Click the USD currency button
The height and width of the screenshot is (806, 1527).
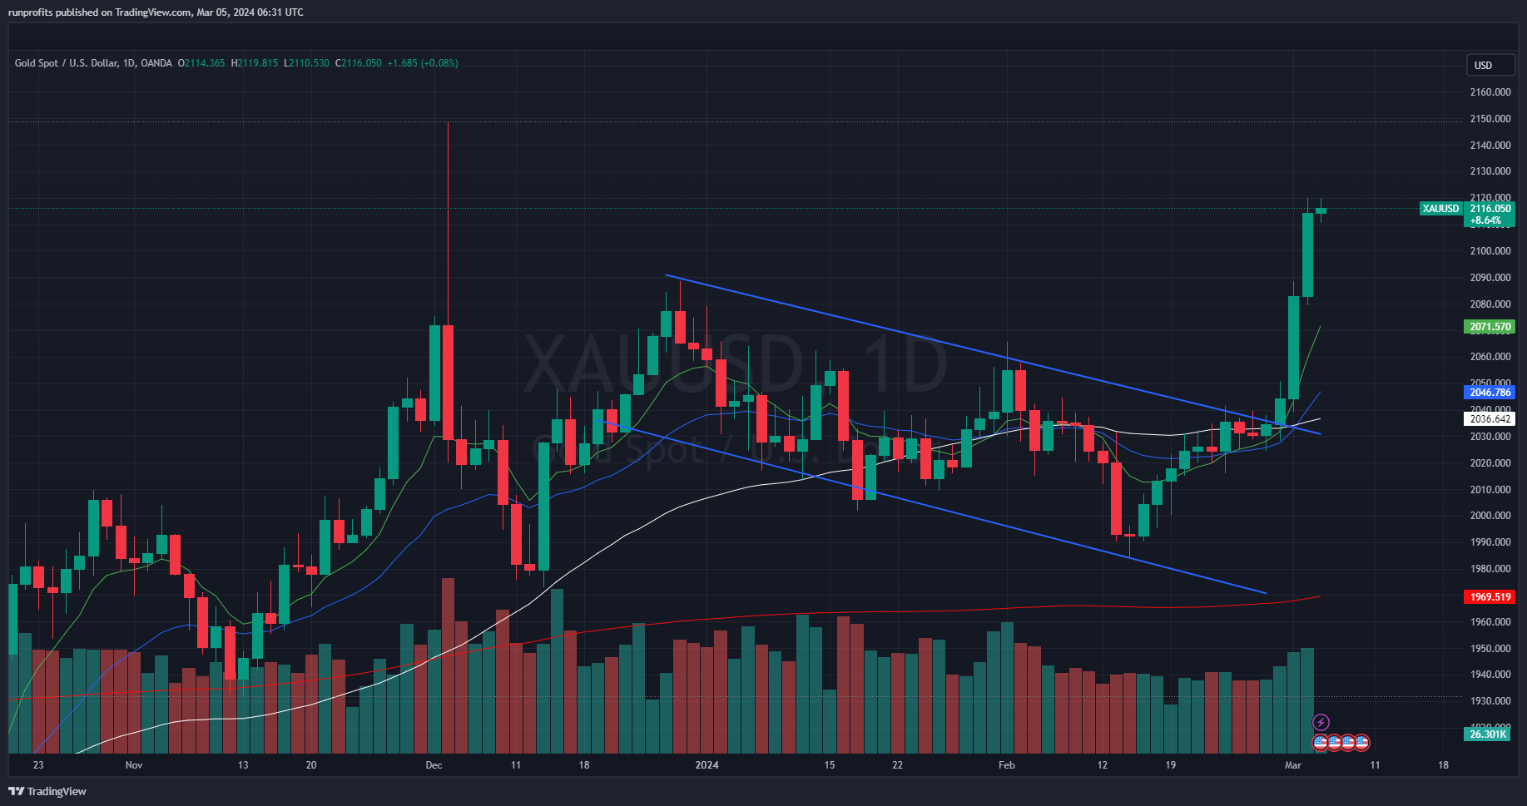coord(1483,65)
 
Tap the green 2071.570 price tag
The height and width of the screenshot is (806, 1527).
coord(1489,327)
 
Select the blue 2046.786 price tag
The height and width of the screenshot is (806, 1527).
coord(1489,392)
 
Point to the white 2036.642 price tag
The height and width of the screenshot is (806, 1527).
coord(1489,419)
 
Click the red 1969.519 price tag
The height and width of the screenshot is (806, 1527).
coord(1489,596)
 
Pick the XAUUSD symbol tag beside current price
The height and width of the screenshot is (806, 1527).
coord(1440,209)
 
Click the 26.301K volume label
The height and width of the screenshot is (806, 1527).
coord(1488,734)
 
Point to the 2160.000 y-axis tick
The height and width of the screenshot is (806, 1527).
coord(1490,92)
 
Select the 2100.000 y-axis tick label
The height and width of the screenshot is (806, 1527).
coord(1490,251)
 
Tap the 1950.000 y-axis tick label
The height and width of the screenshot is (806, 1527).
coord(1490,649)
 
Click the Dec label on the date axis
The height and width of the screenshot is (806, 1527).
coord(434,764)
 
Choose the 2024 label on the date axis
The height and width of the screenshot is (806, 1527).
coord(706,764)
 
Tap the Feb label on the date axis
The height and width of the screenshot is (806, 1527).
coord(1007,764)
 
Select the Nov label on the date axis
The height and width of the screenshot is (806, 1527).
coord(134,764)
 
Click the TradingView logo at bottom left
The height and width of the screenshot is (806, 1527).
coord(47,791)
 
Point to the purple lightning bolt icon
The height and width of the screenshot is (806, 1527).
coord(1321,722)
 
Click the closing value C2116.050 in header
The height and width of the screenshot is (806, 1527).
coord(359,63)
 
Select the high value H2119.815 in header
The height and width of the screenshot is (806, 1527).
coord(255,63)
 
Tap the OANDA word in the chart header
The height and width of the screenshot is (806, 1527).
coord(156,63)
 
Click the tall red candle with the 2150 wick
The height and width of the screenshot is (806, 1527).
coord(448,383)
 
